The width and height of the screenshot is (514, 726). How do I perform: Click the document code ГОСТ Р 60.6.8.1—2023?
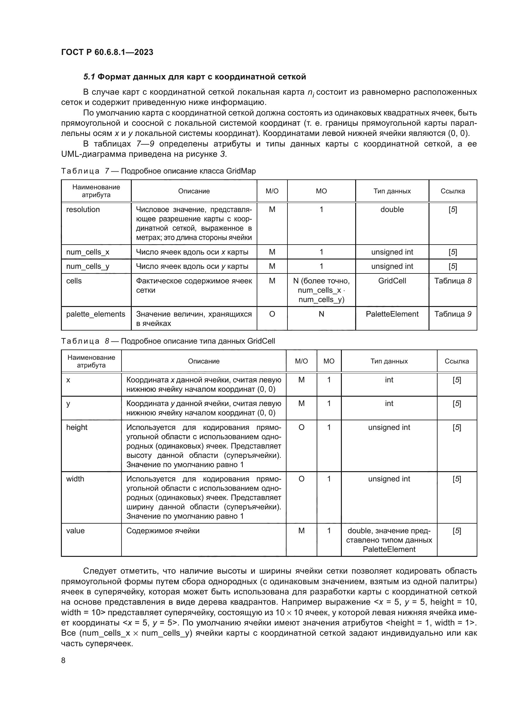[x=107, y=52]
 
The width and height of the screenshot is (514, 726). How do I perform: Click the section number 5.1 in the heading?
[x=89, y=77]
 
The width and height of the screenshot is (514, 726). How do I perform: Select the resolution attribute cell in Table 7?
[x=83, y=209]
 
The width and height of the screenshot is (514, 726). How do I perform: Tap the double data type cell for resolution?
[x=392, y=209]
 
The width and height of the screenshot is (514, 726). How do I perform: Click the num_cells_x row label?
[x=88, y=252]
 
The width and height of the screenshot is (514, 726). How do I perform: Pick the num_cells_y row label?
[x=88, y=266]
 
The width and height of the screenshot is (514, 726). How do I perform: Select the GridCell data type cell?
[x=392, y=281]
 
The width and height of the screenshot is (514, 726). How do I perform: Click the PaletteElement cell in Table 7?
[x=392, y=314]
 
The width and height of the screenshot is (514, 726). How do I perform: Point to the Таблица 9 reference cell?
[x=452, y=314]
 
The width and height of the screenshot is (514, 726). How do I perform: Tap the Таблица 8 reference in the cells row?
[x=452, y=281]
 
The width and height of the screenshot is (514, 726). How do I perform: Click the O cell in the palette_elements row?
[x=272, y=314]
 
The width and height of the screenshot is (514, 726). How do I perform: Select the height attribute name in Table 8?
[x=76, y=427]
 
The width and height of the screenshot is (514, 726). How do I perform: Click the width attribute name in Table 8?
[x=75, y=479]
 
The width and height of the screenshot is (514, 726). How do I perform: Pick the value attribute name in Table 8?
[x=75, y=530]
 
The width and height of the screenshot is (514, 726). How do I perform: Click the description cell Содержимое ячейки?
[x=163, y=530]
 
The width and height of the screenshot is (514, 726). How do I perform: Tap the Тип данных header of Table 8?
[x=389, y=361]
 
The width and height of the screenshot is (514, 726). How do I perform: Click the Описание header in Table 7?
[x=194, y=191]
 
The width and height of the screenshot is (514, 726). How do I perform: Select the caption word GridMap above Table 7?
[x=241, y=171]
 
